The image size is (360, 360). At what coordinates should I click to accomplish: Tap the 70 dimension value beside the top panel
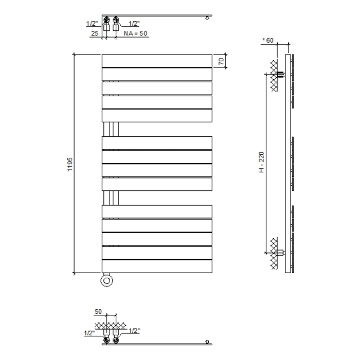(220, 61)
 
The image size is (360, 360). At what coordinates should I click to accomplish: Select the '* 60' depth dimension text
(268, 41)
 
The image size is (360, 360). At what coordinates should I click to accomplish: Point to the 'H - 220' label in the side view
(261, 163)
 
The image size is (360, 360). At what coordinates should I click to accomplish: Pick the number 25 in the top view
(95, 33)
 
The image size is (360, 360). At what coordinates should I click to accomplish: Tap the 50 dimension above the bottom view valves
(98, 312)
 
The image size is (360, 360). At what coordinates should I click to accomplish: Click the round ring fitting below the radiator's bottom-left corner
(107, 280)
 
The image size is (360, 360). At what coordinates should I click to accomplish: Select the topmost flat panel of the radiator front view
(156, 60)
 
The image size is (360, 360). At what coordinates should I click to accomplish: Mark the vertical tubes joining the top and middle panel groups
(111, 129)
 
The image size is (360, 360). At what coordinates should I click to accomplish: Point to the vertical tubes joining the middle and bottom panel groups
(111, 198)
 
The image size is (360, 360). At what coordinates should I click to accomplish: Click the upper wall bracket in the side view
(281, 75)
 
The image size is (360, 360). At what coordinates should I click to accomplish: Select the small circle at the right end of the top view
(207, 18)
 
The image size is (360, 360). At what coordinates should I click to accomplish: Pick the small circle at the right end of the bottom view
(207, 341)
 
